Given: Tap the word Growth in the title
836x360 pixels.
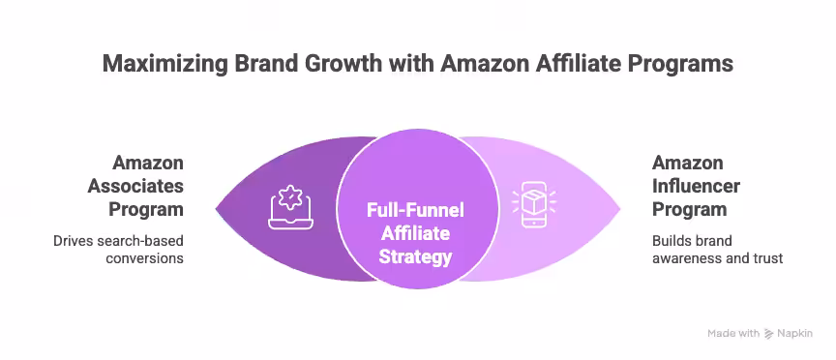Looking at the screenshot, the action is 325,64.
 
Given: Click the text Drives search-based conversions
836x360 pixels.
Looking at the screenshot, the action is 118,249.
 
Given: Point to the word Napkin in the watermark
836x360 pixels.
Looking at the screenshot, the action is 795,333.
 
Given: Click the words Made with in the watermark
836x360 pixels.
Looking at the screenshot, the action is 733,333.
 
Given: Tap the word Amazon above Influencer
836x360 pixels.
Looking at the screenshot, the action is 687,162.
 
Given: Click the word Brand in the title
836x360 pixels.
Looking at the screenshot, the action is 251,64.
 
